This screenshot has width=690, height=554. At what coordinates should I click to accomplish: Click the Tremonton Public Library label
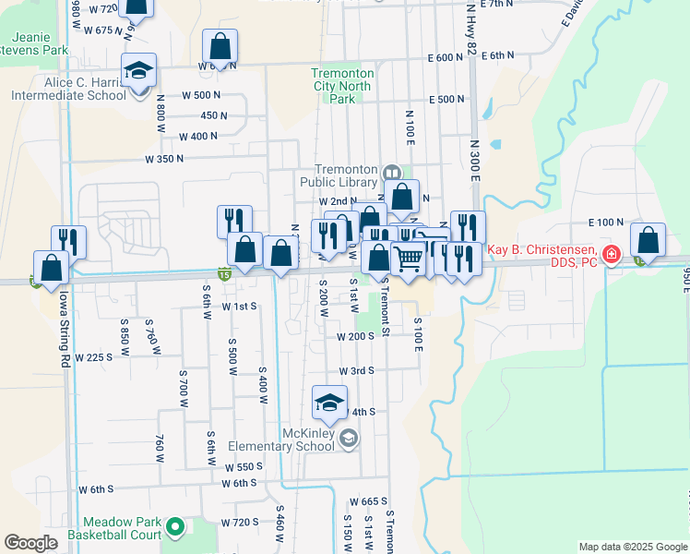coord(348,175)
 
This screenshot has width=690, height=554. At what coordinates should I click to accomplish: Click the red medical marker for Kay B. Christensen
coord(610,254)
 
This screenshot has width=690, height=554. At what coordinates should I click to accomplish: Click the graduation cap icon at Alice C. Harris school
coord(139,70)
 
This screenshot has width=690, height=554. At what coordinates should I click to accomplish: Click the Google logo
coord(30,543)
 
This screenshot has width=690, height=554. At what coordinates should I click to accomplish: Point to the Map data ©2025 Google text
coord(632,547)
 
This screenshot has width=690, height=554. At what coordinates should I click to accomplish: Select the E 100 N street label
coord(606,223)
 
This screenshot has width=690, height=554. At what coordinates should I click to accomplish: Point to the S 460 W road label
coord(279,523)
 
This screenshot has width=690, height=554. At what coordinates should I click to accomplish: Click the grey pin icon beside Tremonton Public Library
coord(392,173)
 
